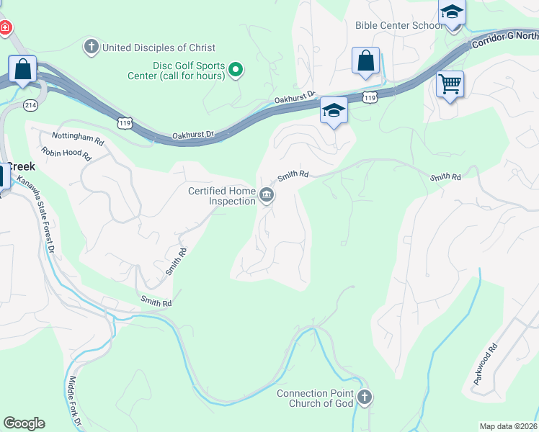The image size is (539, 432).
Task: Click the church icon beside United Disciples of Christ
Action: (91, 48)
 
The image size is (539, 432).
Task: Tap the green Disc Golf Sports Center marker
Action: (236, 70)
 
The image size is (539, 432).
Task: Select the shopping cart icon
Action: (450, 84)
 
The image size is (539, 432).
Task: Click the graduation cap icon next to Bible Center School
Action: (452, 13)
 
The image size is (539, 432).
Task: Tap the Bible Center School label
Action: (398, 26)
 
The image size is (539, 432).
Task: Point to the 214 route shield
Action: (30, 104)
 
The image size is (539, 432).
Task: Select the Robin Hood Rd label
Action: (66, 153)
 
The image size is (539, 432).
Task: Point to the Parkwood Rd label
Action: (486, 364)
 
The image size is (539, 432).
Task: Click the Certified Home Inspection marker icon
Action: (267, 195)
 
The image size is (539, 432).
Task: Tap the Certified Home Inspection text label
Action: (222, 196)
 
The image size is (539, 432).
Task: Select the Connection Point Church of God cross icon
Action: (365, 397)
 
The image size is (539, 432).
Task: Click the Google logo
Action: (24, 423)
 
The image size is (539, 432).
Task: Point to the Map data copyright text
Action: (509, 426)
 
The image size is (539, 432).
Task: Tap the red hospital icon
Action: (5, 27)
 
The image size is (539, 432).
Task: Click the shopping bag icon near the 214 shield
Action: (23, 70)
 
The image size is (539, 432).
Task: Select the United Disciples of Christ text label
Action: (159, 48)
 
